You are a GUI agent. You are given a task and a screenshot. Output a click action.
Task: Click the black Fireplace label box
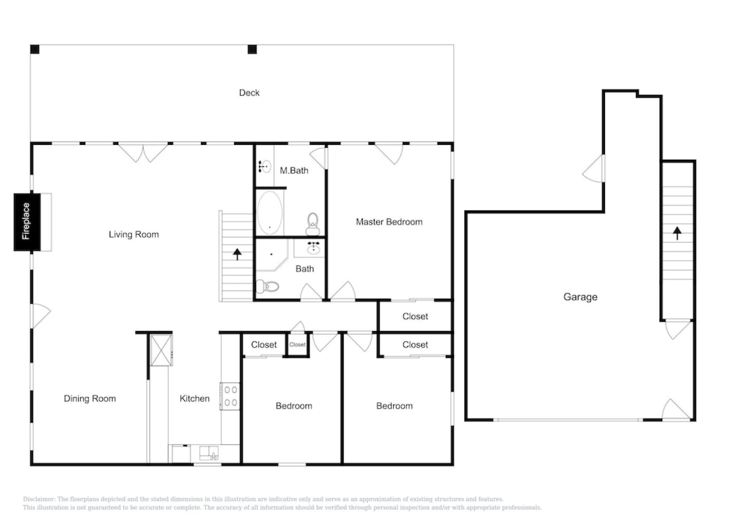click(26, 221)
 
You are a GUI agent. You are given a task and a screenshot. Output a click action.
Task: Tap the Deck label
click(249, 93)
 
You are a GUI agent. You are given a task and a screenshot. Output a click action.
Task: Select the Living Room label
click(133, 234)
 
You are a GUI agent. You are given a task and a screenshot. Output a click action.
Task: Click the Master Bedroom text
click(389, 222)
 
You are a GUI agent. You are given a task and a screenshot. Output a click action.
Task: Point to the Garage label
click(580, 297)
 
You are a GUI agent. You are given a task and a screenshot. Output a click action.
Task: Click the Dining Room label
click(90, 399)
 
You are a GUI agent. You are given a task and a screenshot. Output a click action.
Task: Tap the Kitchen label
click(194, 399)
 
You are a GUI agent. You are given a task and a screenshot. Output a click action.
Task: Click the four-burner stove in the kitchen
click(230, 396)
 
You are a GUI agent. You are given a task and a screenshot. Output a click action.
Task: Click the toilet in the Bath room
click(268, 287)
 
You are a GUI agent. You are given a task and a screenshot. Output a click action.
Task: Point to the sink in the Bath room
click(314, 248)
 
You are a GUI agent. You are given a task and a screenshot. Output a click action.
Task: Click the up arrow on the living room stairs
click(237, 254)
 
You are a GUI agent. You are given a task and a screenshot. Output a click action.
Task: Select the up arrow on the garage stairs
click(677, 233)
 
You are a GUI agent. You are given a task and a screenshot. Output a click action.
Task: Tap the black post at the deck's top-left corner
click(35, 49)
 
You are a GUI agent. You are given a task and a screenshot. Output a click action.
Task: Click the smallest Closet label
click(297, 345)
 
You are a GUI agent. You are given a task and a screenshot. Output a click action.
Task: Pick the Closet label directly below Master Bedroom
click(415, 316)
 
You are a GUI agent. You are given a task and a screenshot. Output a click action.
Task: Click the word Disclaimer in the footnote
click(39, 499)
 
